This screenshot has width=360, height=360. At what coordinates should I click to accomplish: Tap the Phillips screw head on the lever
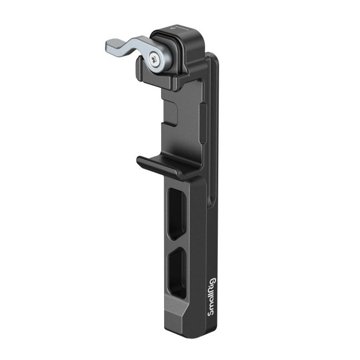pos(156,58)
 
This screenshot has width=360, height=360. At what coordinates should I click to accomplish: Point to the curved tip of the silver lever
pos(110,46)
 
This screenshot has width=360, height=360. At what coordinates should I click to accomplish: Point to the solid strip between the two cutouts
pos(176,241)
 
